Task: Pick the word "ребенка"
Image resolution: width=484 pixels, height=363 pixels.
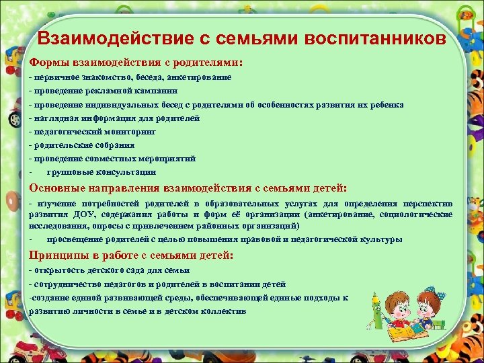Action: tap(386, 104)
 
